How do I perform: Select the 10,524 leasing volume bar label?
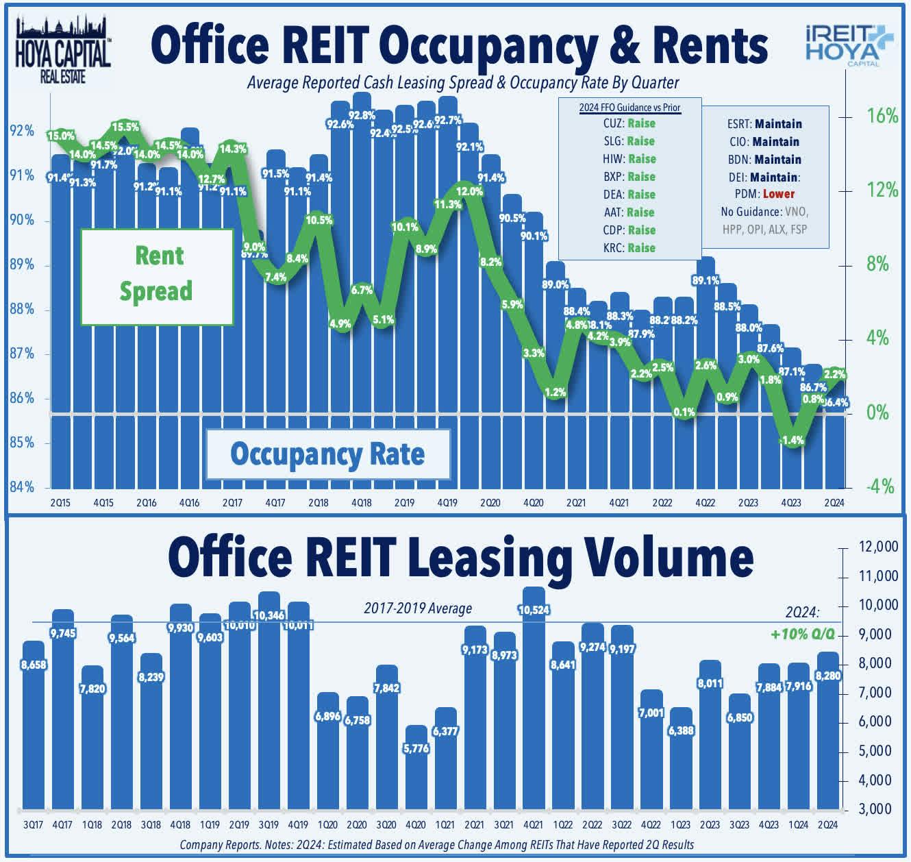[x=534, y=610]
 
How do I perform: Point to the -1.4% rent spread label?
[x=792, y=440]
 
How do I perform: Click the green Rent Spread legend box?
[x=158, y=275]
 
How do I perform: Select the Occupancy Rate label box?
[x=328, y=454]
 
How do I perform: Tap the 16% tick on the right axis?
[x=882, y=116]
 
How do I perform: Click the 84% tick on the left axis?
[x=22, y=487]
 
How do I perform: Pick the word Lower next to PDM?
[x=779, y=194]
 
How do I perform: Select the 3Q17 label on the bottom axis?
[x=33, y=824]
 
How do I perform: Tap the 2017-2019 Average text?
[x=418, y=608]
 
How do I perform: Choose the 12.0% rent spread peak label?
[x=469, y=192]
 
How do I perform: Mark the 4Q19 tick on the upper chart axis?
[x=447, y=503]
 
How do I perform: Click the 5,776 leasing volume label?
[x=416, y=748]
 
